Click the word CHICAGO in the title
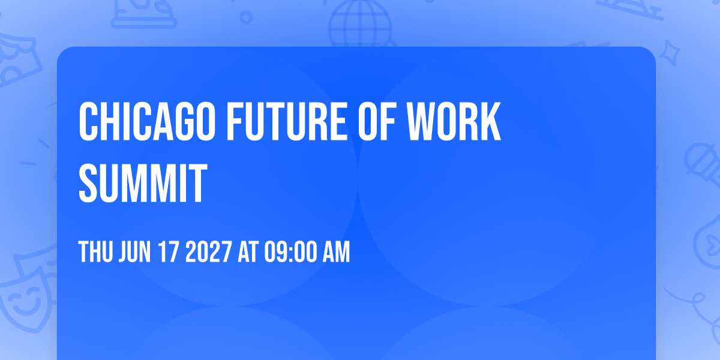coord(147,121)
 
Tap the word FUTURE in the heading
coord(287,121)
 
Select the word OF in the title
coord(377,121)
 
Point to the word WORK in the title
coord(454,121)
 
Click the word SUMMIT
coord(143,183)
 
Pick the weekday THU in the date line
coord(95,251)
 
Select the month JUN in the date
coord(134,251)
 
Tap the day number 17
coord(169,251)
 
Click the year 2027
coord(209,251)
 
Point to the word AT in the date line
coord(248,251)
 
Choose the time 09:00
coord(290,251)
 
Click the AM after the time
coord(336,251)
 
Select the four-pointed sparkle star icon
coord(670,53)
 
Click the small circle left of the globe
coord(246,17)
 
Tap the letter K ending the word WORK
coord(490,121)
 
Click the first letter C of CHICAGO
coord(88,121)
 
